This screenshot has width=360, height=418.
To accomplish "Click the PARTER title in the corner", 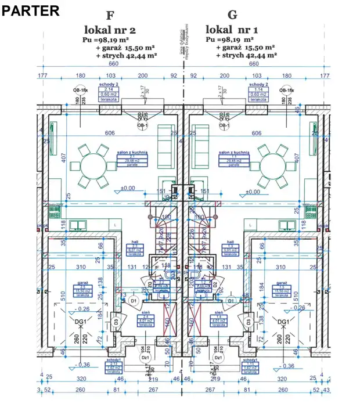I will pos(30,10).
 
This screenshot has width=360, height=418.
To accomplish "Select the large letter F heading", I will pos(110,16).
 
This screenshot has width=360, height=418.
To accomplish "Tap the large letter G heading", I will pos(233,16).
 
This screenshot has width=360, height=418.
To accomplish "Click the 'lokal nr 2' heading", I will pos(110,30).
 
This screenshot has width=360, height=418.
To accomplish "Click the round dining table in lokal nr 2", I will pos(93,167).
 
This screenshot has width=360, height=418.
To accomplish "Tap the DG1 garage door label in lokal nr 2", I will pos(80,322).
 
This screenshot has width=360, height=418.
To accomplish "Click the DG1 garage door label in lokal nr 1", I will pos(283,322).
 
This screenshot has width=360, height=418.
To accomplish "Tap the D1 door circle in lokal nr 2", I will pos(133,301).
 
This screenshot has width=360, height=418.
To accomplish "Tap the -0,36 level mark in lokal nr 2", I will pos(84,365).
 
